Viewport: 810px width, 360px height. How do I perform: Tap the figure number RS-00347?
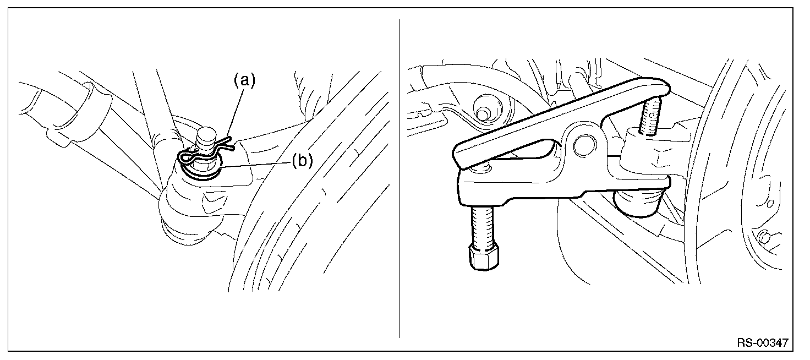click(x=762, y=343)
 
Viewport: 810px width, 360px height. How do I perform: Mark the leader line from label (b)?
click(x=259, y=164)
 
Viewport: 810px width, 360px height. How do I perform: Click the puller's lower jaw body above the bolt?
click(x=495, y=187)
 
